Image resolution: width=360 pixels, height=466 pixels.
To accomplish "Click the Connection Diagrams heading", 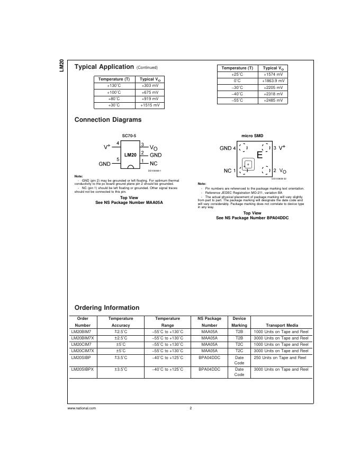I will [108, 120].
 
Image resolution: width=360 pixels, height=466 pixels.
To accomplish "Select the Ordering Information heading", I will [107, 308].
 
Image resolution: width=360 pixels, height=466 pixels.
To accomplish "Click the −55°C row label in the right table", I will [237, 100].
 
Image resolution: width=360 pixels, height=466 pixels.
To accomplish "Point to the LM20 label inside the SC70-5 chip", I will [130, 155].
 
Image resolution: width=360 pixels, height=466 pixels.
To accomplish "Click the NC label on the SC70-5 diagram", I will [154, 164].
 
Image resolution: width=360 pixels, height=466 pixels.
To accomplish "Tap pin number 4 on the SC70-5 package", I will [118, 144].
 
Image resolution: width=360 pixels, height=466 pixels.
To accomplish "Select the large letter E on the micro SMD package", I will [259, 155].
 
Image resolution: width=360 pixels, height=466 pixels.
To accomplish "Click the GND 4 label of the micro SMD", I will [228, 148].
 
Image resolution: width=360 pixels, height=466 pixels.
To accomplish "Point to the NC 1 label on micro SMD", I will [230, 171].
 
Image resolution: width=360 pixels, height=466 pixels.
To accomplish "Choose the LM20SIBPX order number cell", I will [82, 370].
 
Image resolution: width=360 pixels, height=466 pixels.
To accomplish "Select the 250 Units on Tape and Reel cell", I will [280, 357].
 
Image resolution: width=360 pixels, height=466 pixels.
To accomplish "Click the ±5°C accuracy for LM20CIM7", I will [121, 344].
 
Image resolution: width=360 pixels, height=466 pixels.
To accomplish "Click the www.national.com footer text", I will [82, 408].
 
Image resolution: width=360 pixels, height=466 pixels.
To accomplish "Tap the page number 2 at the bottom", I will [190, 408].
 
